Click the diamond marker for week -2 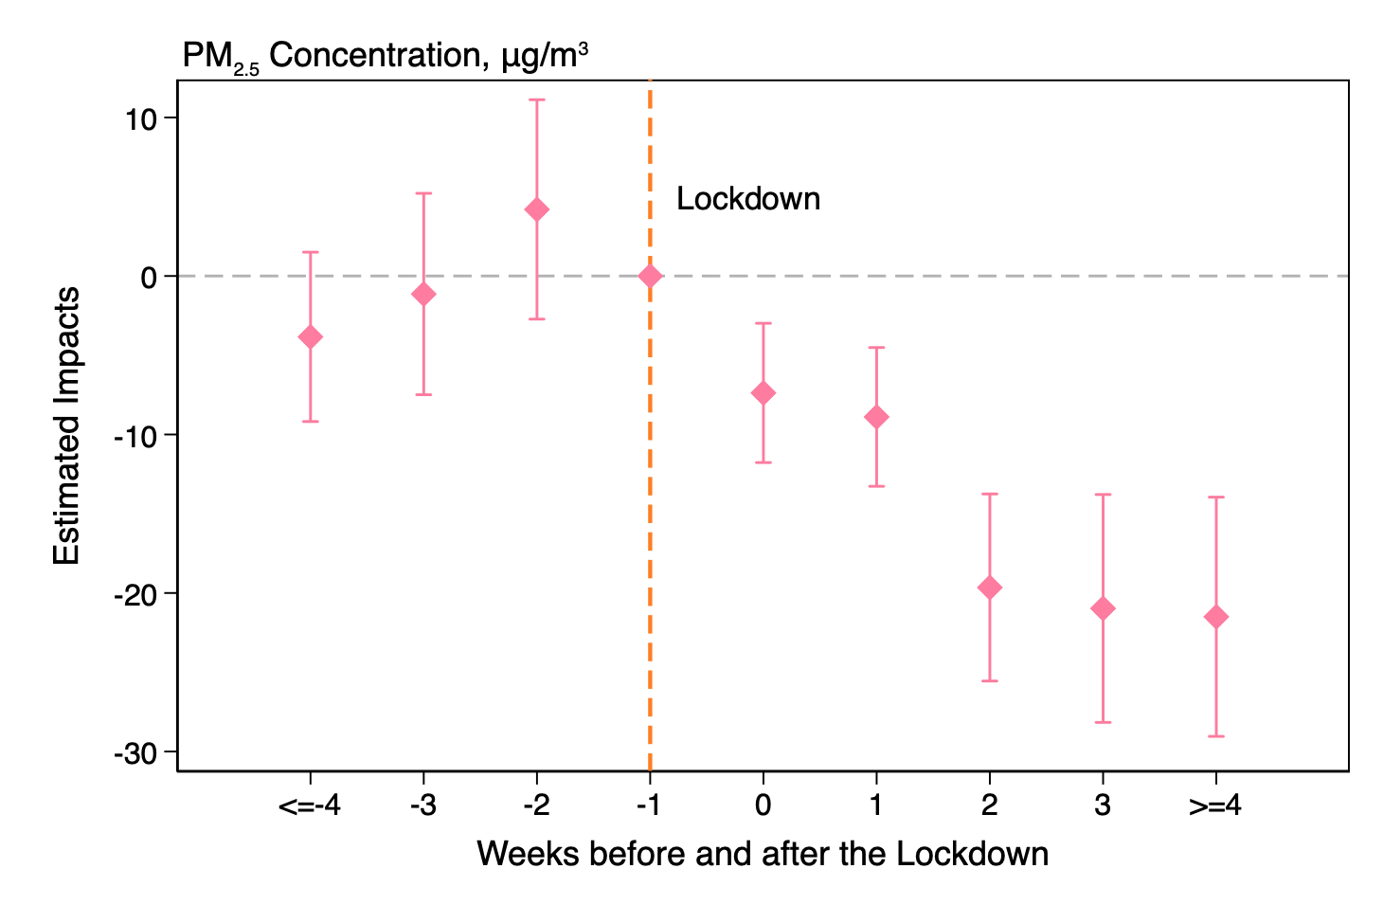point(536,209)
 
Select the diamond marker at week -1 point(650,277)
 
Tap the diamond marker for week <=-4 point(310,337)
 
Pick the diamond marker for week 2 point(989,588)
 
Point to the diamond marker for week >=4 point(1215,617)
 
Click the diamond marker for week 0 point(763,393)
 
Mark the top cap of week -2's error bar point(536,100)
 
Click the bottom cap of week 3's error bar point(1103,722)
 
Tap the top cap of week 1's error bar point(876,348)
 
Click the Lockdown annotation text point(747,199)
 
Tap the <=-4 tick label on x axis point(309,806)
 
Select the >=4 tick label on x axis point(1215,806)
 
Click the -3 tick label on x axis point(422,806)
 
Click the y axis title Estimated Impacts point(66,426)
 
